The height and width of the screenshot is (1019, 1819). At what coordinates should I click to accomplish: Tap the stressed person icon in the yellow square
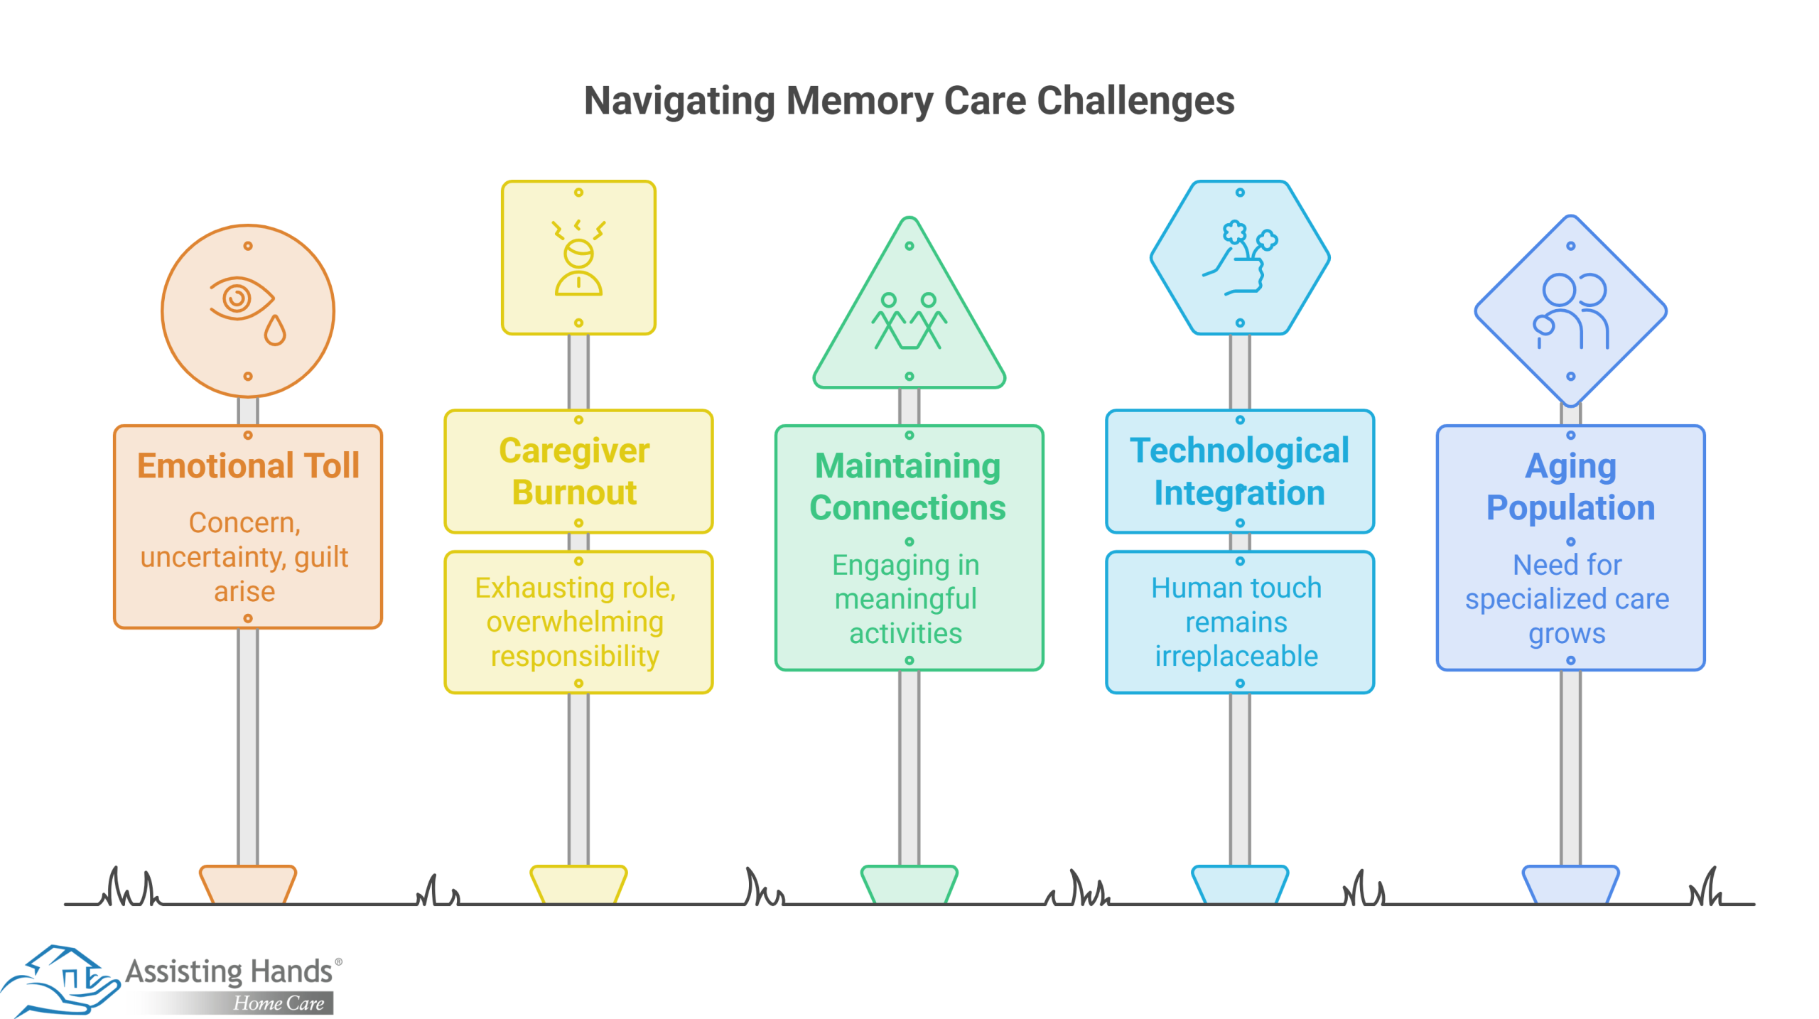click(x=578, y=257)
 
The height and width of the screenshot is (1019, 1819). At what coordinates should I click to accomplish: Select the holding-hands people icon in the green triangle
click(x=909, y=320)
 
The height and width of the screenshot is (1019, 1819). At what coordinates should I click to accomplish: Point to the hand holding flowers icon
click(x=1239, y=257)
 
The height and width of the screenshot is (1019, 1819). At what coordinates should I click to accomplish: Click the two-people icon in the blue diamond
click(x=1570, y=311)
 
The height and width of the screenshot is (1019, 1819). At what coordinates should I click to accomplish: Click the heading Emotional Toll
click(x=248, y=465)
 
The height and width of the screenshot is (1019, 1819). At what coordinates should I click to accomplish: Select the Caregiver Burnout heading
click(x=575, y=471)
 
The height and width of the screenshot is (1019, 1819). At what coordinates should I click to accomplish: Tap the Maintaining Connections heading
click(x=907, y=487)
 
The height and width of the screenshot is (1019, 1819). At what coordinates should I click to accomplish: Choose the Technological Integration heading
click(x=1239, y=471)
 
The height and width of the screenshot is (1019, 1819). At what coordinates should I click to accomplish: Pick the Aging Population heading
click(x=1570, y=487)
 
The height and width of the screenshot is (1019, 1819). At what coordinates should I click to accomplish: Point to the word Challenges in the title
click(x=1135, y=100)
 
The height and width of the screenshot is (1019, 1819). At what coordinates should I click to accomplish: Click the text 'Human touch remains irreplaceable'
click(x=1236, y=622)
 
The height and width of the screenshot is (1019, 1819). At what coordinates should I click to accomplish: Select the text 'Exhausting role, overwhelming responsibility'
click(x=575, y=622)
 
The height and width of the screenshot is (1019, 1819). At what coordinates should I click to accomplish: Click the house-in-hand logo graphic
click(x=60, y=980)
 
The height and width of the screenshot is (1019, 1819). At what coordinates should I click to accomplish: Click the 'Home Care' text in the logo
click(x=279, y=1003)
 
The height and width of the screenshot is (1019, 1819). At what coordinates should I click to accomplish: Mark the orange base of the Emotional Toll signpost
click(x=247, y=884)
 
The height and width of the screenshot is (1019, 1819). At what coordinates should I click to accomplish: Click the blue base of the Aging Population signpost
click(x=1570, y=884)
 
